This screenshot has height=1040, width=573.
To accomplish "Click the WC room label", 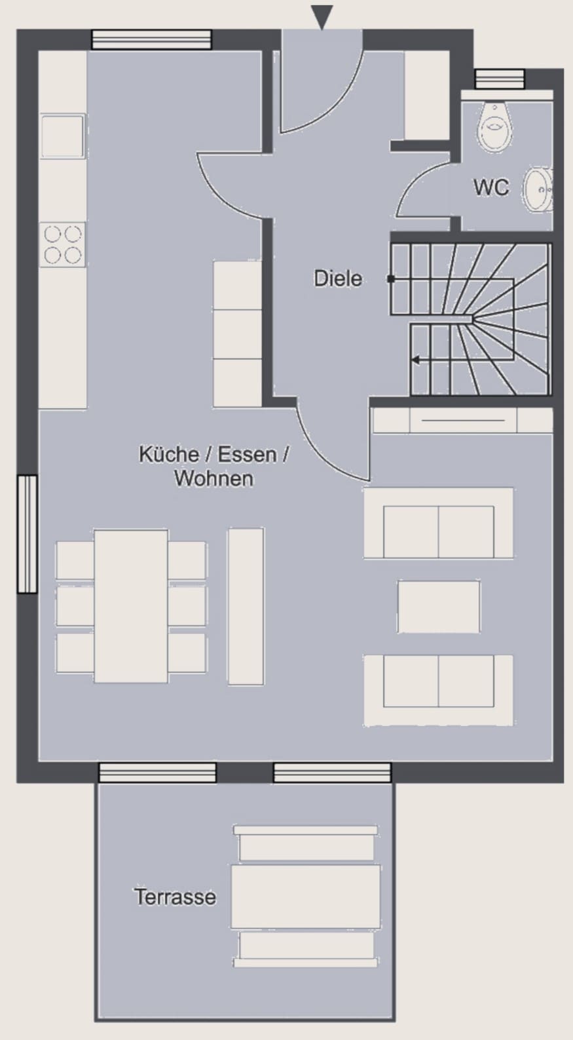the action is coord(491,187).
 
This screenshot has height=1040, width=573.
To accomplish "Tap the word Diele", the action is coord(338,279).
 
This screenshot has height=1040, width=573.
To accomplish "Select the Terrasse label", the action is coord(176,896).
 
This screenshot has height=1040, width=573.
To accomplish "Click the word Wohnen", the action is coord(214,478).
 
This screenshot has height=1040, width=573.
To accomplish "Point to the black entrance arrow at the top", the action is coord(322,17).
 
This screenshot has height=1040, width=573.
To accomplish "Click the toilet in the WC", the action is coord(495,126).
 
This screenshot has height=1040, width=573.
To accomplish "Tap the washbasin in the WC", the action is coord(538,190).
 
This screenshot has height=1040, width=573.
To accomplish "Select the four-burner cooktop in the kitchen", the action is coord(63,244).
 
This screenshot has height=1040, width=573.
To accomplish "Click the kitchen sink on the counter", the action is coord(63,136).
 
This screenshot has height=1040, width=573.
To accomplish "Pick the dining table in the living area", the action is coord(131,606).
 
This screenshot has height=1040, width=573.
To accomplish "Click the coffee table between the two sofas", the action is coord(439,606).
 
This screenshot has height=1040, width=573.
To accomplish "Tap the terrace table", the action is coord(306,896).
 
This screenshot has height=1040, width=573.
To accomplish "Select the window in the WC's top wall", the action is coord(500,79).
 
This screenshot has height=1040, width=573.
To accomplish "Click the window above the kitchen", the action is coord(151,39).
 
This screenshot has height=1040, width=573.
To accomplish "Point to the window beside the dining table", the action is coord(28,533).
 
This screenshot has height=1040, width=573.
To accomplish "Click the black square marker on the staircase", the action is coord(391,279).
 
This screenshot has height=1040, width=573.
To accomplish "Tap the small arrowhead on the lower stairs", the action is coord(415,360).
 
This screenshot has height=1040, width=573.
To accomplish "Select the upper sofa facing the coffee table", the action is coord(439,523).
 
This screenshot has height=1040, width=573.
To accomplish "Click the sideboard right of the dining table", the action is coord(246,606).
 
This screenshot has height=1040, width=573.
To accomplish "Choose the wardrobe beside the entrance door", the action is coord(427,95).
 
